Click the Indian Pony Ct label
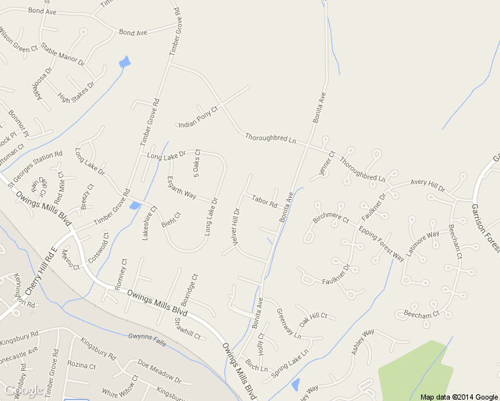pos(198,117)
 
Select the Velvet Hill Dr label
pos(235,229)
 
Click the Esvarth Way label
pos(181,187)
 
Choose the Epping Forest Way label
pos(382,243)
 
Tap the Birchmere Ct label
pos(331,218)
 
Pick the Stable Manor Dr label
pos(63,54)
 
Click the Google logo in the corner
pos(25,391)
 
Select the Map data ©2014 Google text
pos(459,396)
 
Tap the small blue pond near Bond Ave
pos(124,62)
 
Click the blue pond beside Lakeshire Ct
pos(135,205)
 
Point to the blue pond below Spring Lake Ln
pos(295,385)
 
